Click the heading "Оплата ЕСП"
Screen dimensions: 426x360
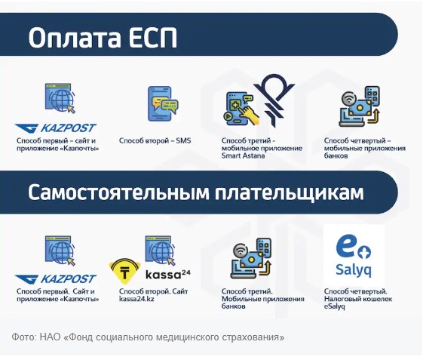pos(103,37)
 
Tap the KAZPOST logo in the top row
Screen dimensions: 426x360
pos(56,128)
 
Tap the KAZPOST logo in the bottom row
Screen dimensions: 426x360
pos(56,279)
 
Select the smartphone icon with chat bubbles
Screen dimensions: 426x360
pos(162,103)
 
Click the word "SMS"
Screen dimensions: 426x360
pos(183,140)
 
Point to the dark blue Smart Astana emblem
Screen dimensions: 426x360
pos(274,100)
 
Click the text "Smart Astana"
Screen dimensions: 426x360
pos(243,155)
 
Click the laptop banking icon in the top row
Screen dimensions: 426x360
pos(359,106)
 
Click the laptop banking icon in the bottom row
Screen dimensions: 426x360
pos(251,258)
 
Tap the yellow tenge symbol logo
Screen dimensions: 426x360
pos(125,271)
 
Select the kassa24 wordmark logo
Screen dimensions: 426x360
pos(168,275)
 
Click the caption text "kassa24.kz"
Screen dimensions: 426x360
pos(136,299)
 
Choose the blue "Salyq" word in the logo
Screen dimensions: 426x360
pos(354,270)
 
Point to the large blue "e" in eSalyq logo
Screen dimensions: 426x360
pos(347,246)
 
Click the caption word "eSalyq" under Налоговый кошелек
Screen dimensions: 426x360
pos(335,306)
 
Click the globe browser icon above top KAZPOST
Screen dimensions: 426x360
pos(60,98)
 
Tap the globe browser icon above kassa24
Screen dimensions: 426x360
pos(161,250)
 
